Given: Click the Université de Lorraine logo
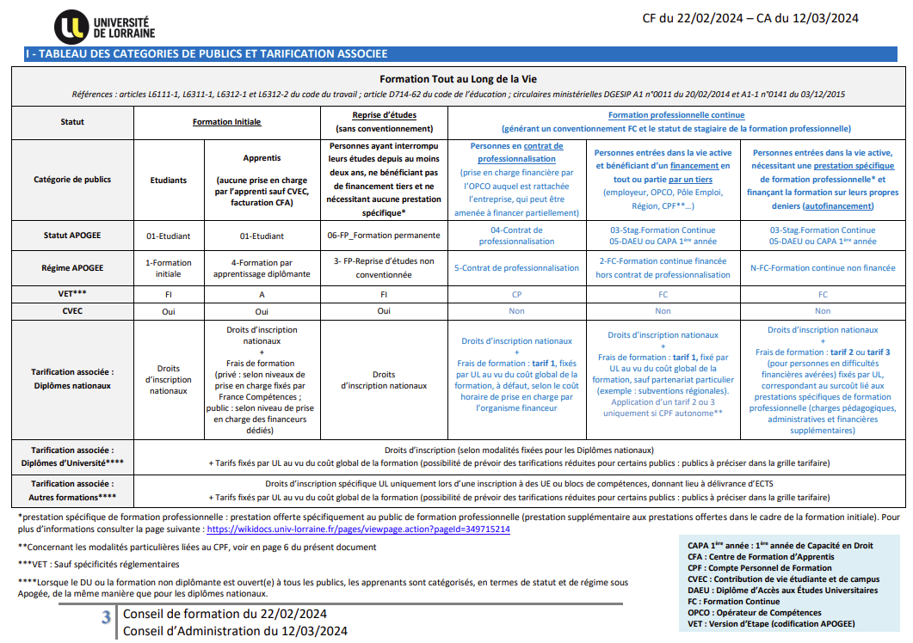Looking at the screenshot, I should tap(105, 28).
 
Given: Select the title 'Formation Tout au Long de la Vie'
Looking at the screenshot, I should tap(457, 79).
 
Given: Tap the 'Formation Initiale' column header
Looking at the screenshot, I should tap(227, 122).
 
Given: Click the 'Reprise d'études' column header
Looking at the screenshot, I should tap(384, 115).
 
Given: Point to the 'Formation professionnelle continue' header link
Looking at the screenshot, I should tap(676, 115).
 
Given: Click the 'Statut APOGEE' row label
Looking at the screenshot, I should tap(73, 236).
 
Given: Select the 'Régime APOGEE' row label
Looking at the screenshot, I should tap(73, 268).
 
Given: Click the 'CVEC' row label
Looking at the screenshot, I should tap(73, 311).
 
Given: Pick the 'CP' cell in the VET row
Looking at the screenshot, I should tap(517, 294).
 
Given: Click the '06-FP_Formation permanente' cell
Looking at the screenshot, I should tap(384, 236).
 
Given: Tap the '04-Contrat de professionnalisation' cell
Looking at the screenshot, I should tap(517, 236).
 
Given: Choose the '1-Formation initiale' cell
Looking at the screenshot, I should tap(169, 268).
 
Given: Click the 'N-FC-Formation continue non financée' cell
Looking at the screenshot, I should tap(823, 268).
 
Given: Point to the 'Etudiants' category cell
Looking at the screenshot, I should tap(169, 181).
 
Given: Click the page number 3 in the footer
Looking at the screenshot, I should tap(106, 617).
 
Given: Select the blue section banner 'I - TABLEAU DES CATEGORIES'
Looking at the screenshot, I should tap(207, 54).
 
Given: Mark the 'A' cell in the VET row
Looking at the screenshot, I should tap(262, 294).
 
